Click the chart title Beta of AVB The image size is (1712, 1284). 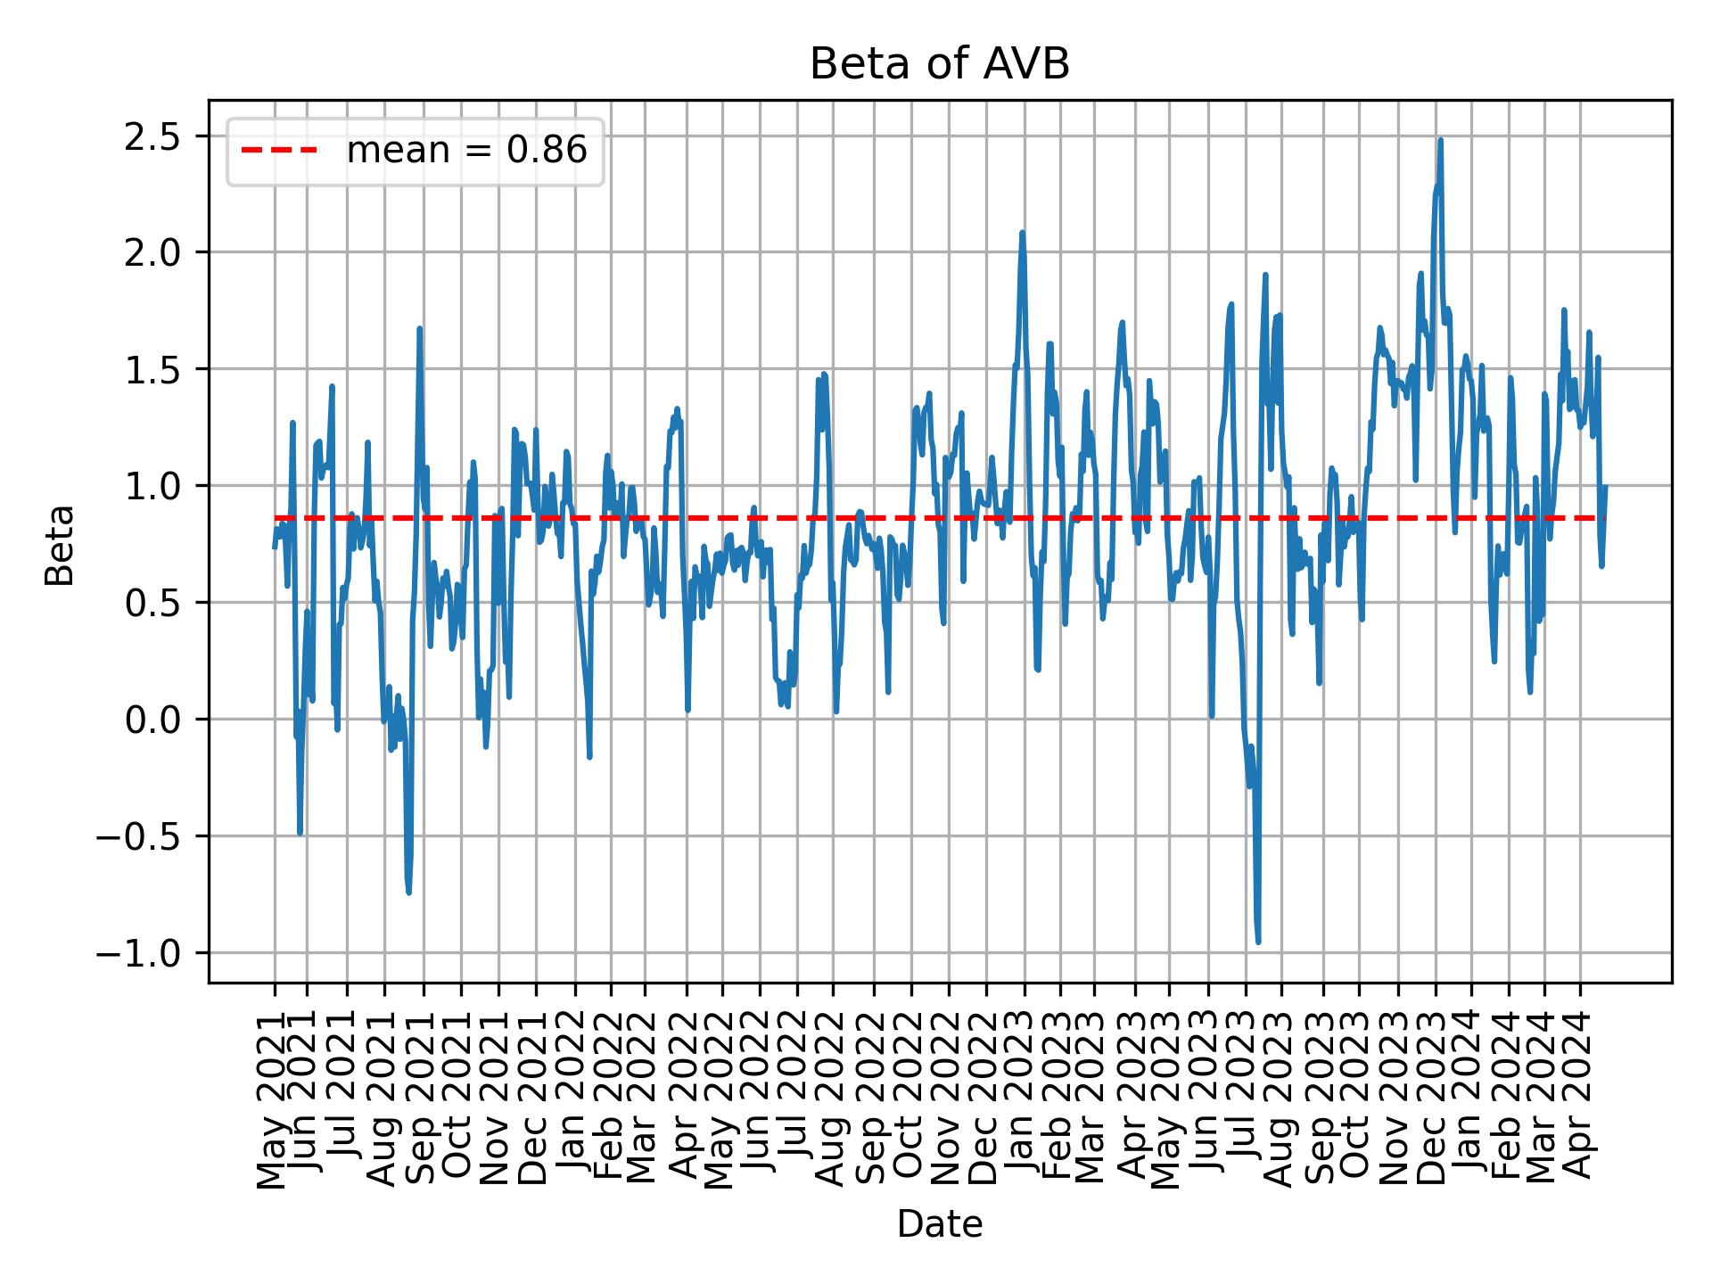pos(939,64)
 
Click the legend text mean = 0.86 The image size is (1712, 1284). pos(466,151)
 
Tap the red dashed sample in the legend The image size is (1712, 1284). pos(278,151)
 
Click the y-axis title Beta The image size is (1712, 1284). pos(60,545)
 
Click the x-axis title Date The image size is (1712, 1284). pos(939,1225)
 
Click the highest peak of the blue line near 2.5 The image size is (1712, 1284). pos(1440,140)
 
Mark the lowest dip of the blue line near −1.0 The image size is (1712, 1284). pos(1258,942)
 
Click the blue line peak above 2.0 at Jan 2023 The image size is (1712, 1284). pos(1023,233)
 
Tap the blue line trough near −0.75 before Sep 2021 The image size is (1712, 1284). pos(408,892)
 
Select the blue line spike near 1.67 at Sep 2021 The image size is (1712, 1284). pos(419,329)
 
